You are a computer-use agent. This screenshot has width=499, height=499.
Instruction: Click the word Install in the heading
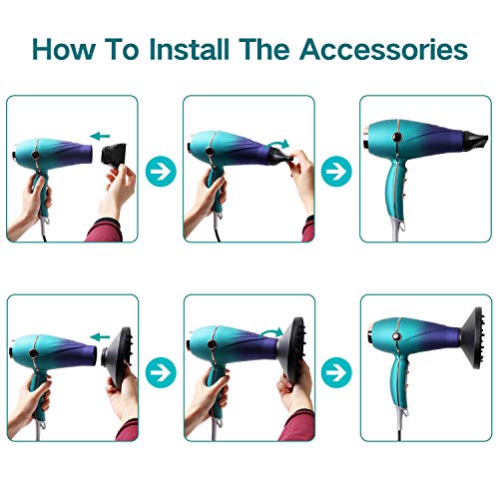tap(190, 49)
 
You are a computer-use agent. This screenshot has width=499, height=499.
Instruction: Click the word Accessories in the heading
tap(384, 49)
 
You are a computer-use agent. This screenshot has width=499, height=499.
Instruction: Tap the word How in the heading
tap(64, 49)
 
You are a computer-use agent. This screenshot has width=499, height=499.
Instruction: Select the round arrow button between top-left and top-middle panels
tap(161, 171)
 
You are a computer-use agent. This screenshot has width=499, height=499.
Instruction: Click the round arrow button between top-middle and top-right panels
tap(336, 171)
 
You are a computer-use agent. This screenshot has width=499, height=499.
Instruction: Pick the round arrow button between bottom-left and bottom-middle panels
tap(161, 372)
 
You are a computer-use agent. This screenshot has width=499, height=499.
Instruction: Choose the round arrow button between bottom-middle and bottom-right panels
tap(336, 372)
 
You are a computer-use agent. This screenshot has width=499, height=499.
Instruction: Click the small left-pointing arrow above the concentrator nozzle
tap(100, 136)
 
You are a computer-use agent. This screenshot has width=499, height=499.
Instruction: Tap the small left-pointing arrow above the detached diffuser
tap(100, 337)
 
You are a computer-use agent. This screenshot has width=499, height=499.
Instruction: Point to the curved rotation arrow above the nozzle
tap(278, 144)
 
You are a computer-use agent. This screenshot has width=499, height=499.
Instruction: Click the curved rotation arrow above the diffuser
tap(270, 332)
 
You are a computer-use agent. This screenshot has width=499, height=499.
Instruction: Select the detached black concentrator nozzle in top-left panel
tap(114, 155)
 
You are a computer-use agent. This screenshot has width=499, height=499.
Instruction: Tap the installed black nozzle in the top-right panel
tap(475, 141)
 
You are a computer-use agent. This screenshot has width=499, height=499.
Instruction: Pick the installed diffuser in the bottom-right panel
tap(472, 337)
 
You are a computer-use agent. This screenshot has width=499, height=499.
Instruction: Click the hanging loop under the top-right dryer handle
tap(402, 227)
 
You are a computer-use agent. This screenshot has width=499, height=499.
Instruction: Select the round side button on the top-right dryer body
tap(397, 137)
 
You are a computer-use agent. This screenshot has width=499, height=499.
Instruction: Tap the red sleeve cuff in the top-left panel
tap(105, 230)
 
